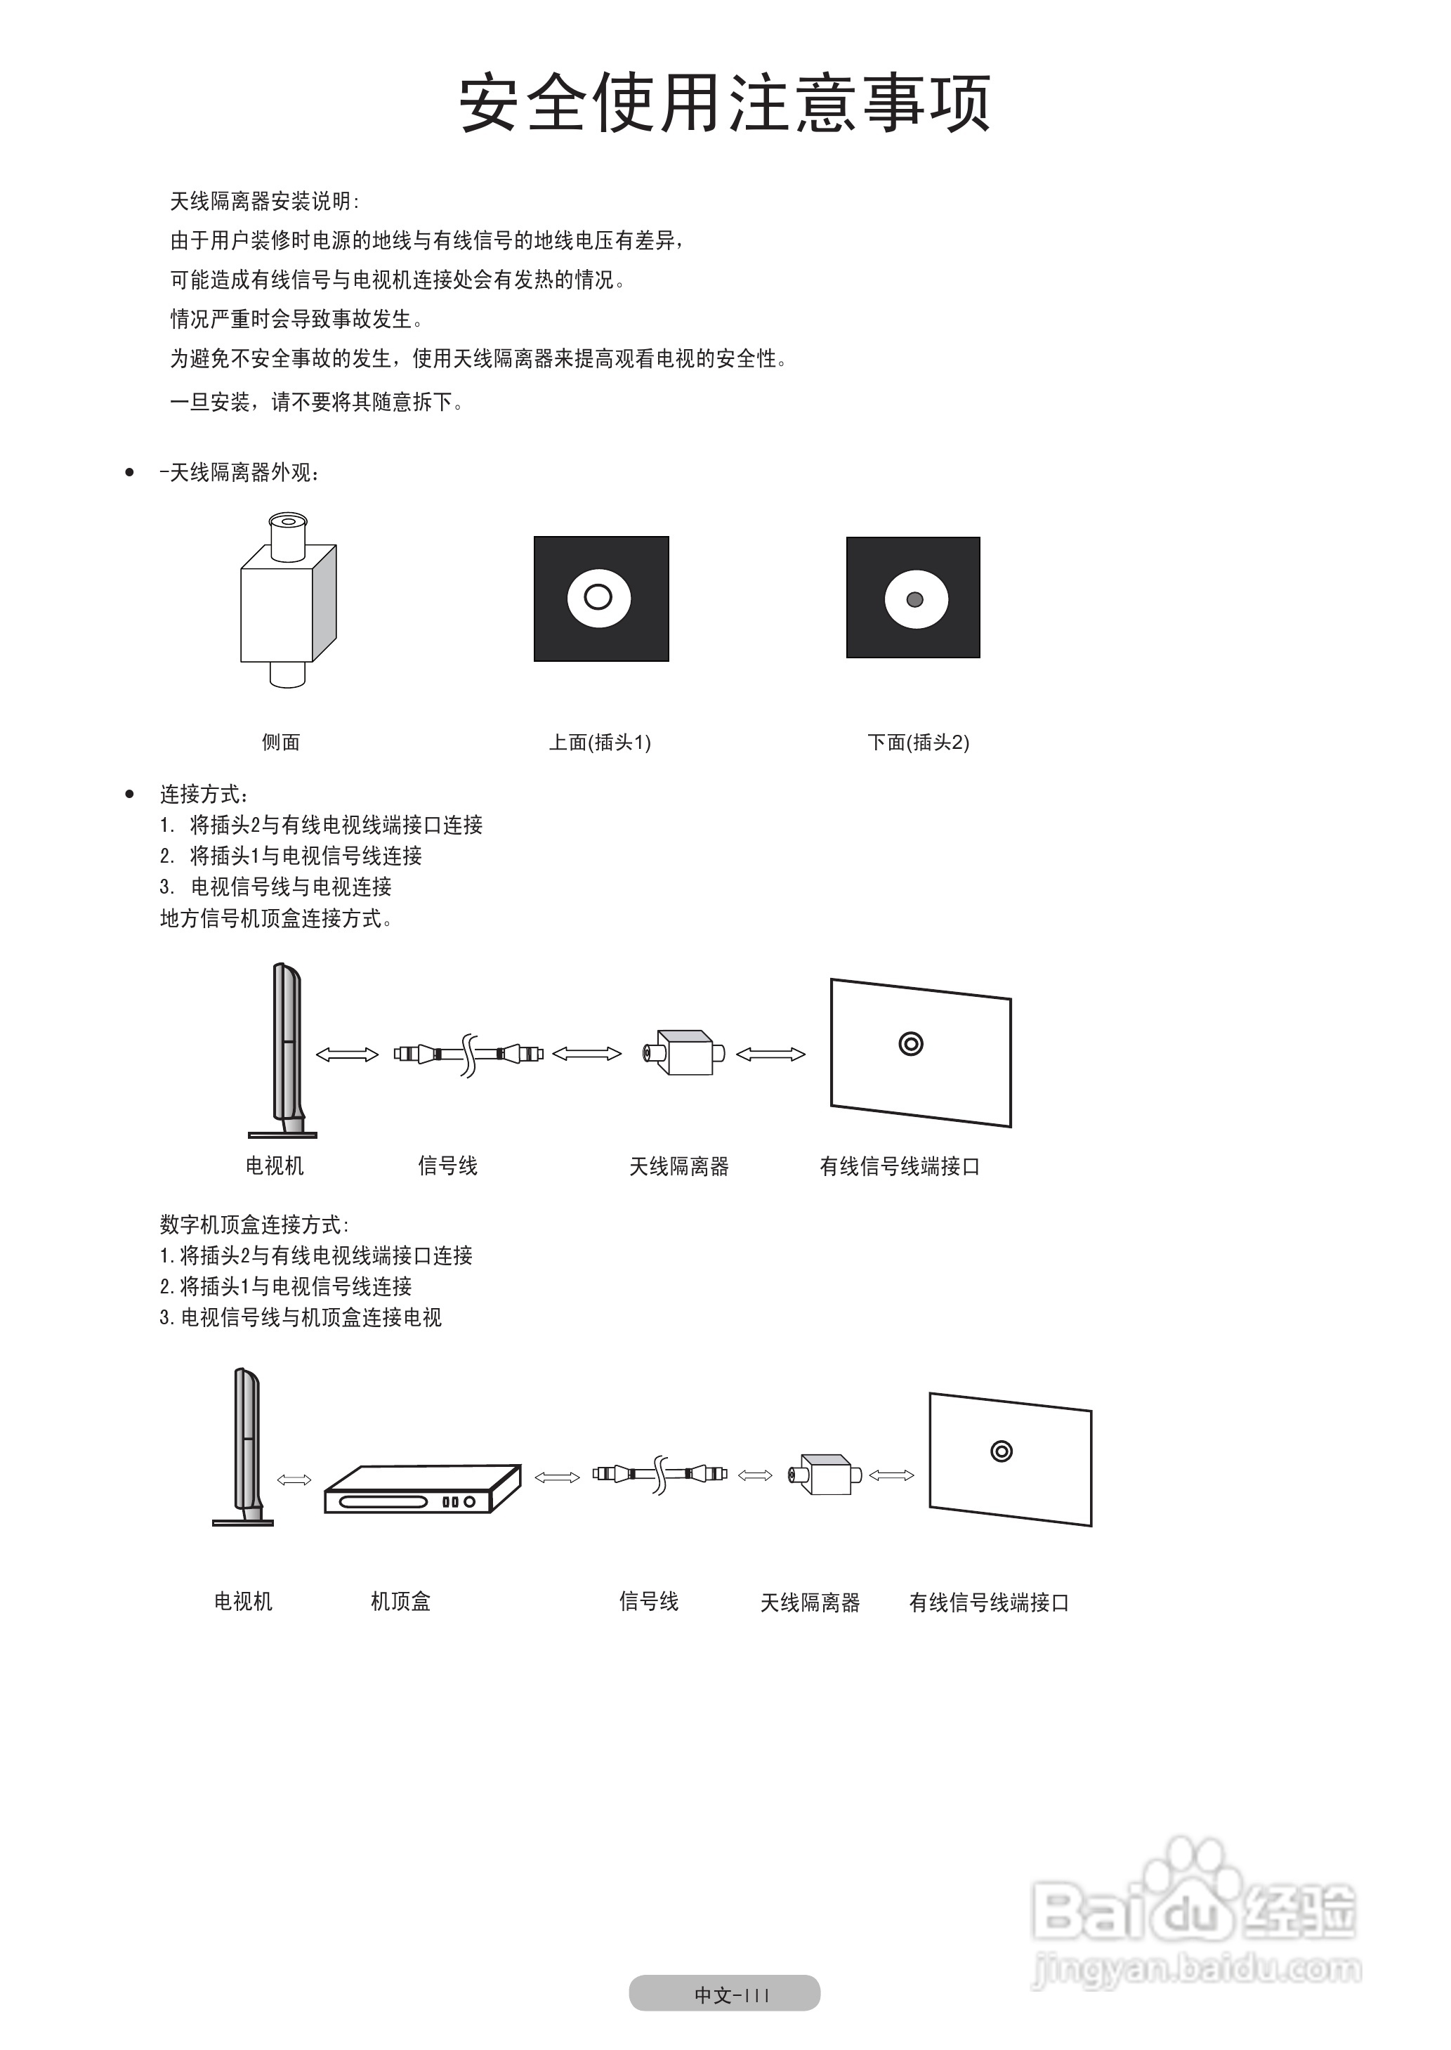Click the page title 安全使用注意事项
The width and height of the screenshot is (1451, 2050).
click(725, 105)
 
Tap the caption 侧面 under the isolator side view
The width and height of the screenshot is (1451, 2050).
click(280, 743)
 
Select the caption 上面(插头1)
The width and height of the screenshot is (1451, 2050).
click(600, 743)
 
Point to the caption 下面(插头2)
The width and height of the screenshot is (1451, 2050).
click(918, 743)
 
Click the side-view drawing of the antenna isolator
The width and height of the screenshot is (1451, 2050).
click(288, 600)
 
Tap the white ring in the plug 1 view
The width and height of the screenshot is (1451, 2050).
click(598, 597)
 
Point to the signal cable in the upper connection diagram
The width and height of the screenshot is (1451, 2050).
click(468, 1054)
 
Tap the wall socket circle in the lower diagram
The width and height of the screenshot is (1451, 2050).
click(1001, 1451)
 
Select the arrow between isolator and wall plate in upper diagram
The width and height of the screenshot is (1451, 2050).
click(770, 1055)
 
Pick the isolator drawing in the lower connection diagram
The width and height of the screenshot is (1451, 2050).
click(825, 1475)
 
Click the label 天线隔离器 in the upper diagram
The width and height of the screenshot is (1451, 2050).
click(679, 1166)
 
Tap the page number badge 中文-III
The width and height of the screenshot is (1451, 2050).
click(725, 1994)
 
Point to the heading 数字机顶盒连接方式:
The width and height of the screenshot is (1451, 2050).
click(254, 1225)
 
